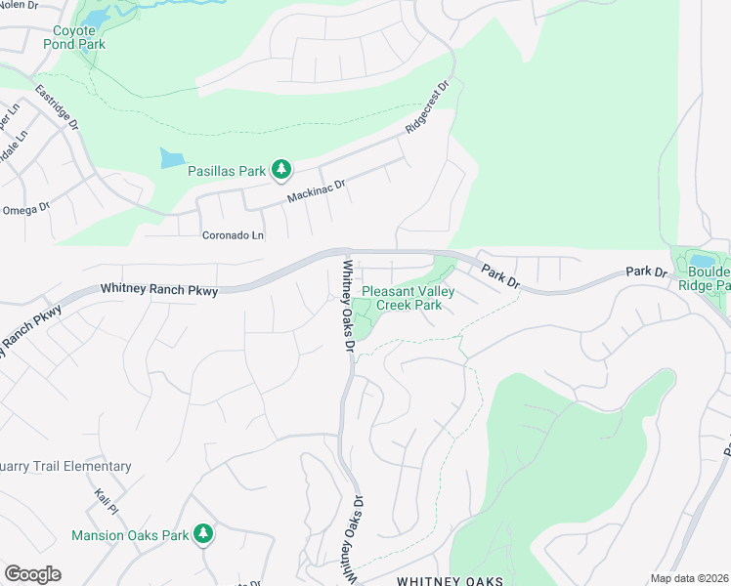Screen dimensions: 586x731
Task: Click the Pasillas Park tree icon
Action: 281,170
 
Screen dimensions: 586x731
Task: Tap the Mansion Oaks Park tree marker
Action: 203,533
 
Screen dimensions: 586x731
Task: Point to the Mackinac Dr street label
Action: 317,189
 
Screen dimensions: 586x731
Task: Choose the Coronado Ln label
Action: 233,235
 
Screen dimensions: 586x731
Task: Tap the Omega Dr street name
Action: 25,209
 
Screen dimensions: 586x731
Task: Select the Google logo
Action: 32,574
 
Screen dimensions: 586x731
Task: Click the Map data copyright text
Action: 689,578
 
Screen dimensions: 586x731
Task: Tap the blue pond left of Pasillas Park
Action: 171,158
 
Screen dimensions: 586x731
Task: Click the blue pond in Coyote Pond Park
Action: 95,19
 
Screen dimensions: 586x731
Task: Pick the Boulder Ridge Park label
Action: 709,278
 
